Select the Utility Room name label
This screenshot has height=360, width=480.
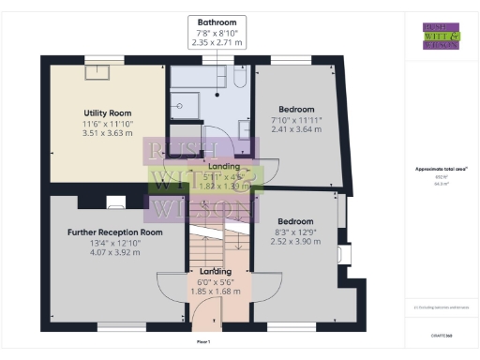[x=106, y=112]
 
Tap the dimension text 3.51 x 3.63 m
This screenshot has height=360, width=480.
[x=106, y=133]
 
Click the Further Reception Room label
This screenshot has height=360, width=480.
[x=115, y=232]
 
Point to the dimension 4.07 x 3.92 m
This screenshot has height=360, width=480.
[x=115, y=252]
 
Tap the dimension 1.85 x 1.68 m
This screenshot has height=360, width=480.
[x=218, y=292]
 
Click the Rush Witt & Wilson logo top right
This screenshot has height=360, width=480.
[x=441, y=35]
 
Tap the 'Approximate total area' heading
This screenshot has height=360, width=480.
[x=442, y=169]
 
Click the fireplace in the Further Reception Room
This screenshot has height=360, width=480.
[x=116, y=201]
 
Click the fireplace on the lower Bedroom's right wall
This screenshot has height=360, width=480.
[x=345, y=254]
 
